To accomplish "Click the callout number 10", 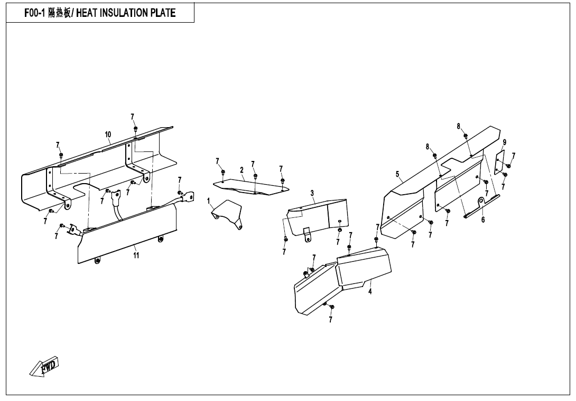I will pyautogui.click(x=108, y=135).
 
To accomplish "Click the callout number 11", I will pyautogui.click(x=136, y=255).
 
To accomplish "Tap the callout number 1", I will pyautogui.click(x=209, y=200).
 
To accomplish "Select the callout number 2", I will pyautogui.click(x=241, y=170).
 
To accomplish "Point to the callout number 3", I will pyautogui.click(x=312, y=193).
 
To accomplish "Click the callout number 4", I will pyautogui.click(x=370, y=292).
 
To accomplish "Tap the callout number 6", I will pyautogui.click(x=482, y=220).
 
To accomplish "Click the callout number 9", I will pyautogui.click(x=505, y=142).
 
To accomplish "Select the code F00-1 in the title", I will pyautogui.click(x=34, y=13).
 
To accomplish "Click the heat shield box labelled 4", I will pyautogui.click(x=365, y=266).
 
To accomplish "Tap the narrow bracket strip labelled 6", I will pyautogui.click(x=481, y=206).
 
